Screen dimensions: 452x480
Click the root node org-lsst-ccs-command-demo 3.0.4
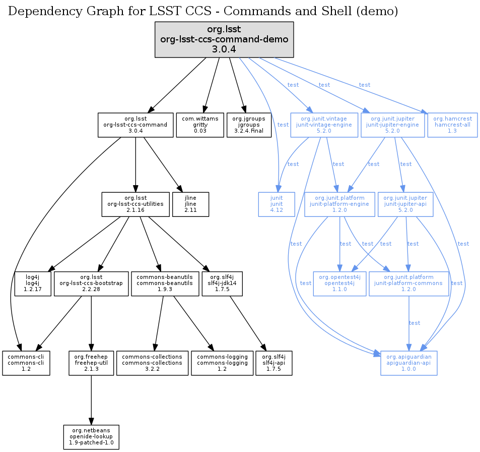[224, 39]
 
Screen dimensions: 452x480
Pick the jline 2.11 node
[190, 204]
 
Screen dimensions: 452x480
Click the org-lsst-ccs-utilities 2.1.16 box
[135, 204]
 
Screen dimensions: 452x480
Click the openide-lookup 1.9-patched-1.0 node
[91, 437]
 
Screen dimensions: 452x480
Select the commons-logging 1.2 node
[222, 363]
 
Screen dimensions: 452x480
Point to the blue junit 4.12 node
[277, 204]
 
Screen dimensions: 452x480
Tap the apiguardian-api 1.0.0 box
[408, 363]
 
